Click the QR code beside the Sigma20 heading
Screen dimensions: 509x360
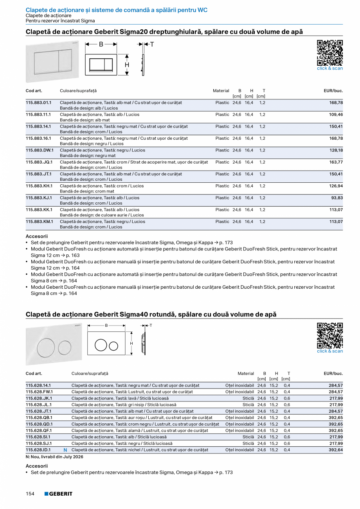coord(329,52)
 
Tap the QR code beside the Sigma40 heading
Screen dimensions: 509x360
coord(329,335)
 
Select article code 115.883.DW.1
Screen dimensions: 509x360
coord(40,150)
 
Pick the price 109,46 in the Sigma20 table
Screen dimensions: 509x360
coord(336,115)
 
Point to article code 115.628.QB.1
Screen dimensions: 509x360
coord(39,417)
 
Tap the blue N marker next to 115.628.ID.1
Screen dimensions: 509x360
coord(65,450)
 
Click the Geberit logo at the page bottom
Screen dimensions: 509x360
coord(58,494)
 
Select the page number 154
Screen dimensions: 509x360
coord(30,494)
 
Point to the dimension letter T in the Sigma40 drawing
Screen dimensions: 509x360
coord(151,326)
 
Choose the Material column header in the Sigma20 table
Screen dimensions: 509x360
coord(221,91)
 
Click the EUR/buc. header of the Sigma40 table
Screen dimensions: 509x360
coord(333,374)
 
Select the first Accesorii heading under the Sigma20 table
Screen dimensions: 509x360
coord(37,236)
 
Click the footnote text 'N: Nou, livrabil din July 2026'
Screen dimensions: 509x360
coord(54,457)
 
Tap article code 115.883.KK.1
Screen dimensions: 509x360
coord(39,210)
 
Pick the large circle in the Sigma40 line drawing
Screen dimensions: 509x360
coord(101,345)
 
